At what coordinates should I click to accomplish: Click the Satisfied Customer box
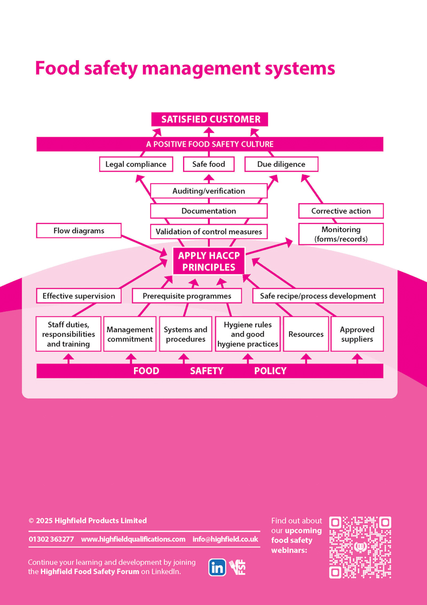(x=210, y=120)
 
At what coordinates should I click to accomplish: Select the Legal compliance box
(x=136, y=164)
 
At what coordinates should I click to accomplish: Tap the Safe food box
(x=209, y=164)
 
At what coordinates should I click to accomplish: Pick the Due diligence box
(x=281, y=164)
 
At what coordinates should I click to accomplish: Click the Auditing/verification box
(x=209, y=191)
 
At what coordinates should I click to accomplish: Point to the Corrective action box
(x=341, y=211)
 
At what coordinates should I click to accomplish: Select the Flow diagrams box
(x=79, y=231)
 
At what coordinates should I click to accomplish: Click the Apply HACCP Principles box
(x=209, y=262)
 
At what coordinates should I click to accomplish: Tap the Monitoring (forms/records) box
(x=341, y=234)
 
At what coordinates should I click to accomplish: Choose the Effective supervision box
(x=79, y=296)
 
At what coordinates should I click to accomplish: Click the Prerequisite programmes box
(x=187, y=296)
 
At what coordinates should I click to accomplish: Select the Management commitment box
(x=130, y=335)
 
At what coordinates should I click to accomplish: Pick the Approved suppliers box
(x=357, y=335)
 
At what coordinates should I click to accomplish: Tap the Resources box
(x=306, y=335)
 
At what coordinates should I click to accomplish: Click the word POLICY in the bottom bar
(x=270, y=371)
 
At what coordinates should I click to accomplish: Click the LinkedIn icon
(x=217, y=568)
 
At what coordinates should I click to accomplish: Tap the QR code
(x=360, y=547)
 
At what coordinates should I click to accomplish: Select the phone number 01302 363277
(x=51, y=539)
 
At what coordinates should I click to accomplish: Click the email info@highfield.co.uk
(x=225, y=539)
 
